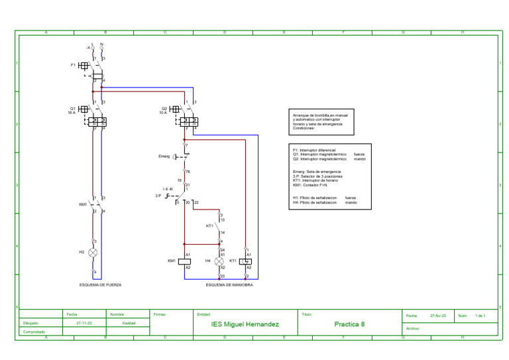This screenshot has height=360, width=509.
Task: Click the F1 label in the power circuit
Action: (x=73, y=66)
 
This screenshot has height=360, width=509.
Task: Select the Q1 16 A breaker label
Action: (x=72, y=110)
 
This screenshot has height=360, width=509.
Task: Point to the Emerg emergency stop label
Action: (x=164, y=156)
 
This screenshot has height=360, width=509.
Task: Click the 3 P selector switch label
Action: (x=158, y=196)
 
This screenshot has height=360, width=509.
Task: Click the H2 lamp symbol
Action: (x=93, y=253)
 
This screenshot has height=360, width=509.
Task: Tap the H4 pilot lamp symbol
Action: (x=222, y=261)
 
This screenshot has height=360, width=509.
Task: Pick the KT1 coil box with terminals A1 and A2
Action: (x=247, y=261)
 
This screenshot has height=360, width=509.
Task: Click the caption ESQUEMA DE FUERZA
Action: (x=100, y=284)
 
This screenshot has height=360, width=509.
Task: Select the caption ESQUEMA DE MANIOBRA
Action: (x=229, y=284)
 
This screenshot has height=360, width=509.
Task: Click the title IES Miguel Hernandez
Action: (x=245, y=324)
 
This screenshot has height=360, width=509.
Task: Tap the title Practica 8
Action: (x=349, y=324)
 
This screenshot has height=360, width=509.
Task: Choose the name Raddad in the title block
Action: (x=129, y=323)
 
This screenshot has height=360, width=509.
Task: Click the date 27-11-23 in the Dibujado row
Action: (x=84, y=323)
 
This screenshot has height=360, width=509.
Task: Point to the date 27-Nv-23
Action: (x=438, y=316)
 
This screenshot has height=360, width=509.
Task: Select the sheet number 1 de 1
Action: (x=481, y=316)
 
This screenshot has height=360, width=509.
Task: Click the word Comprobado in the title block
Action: (x=34, y=331)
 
